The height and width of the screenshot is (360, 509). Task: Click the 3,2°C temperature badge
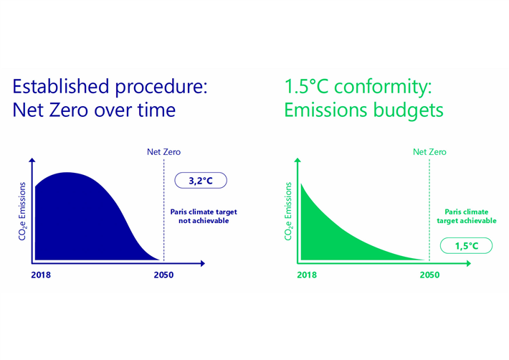click(x=201, y=181)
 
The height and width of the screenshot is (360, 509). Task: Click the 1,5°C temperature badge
click(x=465, y=246)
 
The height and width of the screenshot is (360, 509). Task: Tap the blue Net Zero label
click(x=158, y=152)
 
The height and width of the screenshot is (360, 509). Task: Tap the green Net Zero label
click(x=429, y=152)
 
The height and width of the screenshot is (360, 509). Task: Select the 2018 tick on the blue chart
click(x=43, y=275)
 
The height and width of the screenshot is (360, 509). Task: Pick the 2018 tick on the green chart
click(x=307, y=275)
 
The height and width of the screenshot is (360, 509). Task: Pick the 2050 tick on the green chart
click(x=429, y=275)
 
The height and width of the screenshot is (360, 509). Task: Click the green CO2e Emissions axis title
click(x=289, y=212)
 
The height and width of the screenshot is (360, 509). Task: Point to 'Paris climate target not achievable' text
click(x=203, y=217)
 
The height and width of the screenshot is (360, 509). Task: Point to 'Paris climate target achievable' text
click(x=466, y=217)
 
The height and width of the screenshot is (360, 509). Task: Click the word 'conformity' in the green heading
click(x=384, y=87)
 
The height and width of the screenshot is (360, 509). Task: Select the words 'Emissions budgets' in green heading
click(x=363, y=111)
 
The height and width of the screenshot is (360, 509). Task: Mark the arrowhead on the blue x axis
click(x=202, y=263)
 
